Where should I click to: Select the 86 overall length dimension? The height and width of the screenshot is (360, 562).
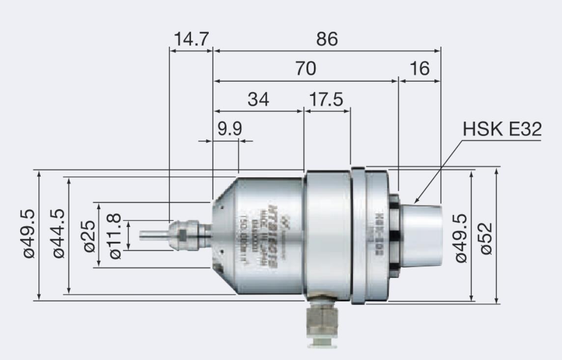[x=327, y=39]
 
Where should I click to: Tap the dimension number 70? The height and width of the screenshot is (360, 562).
[x=305, y=69]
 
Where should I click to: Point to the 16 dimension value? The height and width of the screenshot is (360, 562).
[x=419, y=69]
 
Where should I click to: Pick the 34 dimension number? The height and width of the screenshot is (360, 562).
[x=258, y=99]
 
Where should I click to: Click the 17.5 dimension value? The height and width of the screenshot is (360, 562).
[x=327, y=99]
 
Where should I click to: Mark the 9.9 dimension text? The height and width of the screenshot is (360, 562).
[x=230, y=129]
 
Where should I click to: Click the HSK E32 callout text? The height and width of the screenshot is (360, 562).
[x=502, y=130]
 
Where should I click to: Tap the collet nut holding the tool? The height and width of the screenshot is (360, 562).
[x=184, y=234]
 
